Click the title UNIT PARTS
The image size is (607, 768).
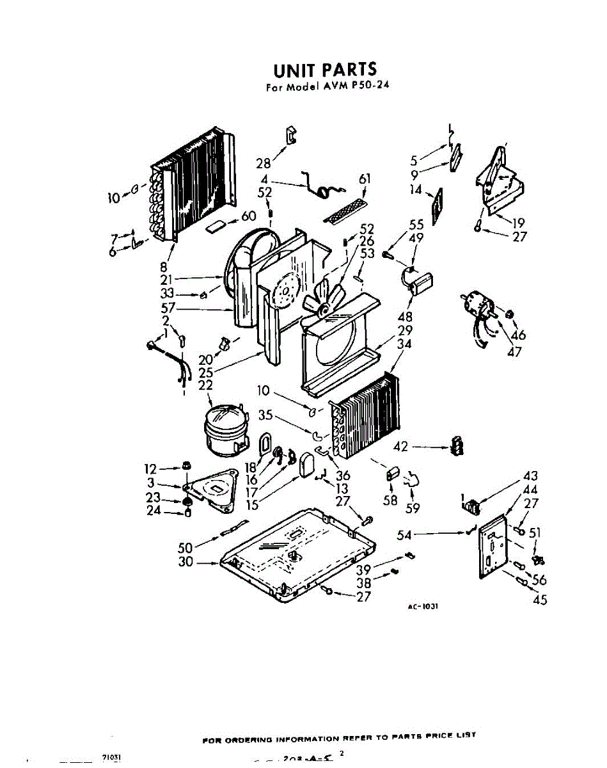pyautogui.click(x=326, y=69)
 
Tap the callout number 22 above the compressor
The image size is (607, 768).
pyautogui.click(x=205, y=385)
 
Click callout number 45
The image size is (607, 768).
pyautogui.click(x=540, y=600)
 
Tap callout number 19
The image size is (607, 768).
pyautogui.click(x=519, y=223)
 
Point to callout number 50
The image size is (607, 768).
pyautogui.click(x=186, y=547)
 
